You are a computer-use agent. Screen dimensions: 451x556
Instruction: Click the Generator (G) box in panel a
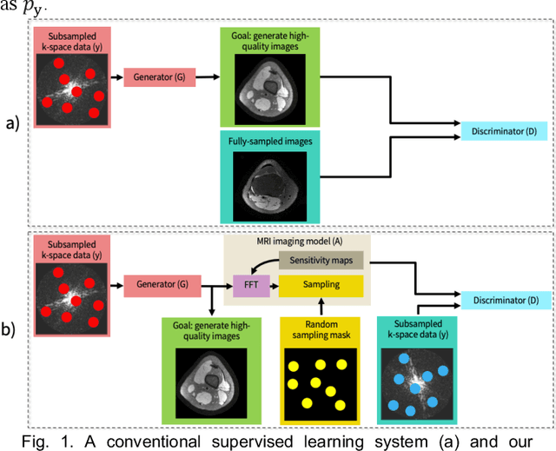tap(159, 78)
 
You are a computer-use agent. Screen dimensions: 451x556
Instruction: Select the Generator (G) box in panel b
tap(159, 283)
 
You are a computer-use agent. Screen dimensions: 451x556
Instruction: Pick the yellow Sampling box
tap(321, 284)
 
